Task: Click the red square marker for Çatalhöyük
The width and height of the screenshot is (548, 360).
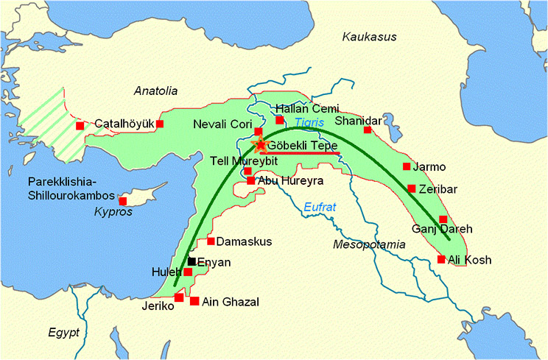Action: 159,124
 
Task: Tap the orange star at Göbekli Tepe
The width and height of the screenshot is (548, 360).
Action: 259,145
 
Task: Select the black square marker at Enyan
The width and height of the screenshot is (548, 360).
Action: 192,261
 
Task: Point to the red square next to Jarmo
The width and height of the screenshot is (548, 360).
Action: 407,166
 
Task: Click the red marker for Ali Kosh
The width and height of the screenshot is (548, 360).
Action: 441,259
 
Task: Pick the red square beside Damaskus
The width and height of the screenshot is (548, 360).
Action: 211,241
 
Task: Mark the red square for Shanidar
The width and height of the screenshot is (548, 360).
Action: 368,130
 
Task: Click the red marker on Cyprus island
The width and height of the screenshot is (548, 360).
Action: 123,201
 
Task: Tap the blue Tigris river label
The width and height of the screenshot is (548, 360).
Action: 309,122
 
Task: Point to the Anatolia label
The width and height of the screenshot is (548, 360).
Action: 156,91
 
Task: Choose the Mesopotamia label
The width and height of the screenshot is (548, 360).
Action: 369,244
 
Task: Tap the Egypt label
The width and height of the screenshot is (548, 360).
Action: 63,332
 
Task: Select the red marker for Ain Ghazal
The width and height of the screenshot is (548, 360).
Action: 194,301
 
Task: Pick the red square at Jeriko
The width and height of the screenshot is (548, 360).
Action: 179,297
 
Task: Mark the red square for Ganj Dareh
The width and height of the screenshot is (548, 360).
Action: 443,219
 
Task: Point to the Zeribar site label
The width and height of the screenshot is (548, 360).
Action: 438,189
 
